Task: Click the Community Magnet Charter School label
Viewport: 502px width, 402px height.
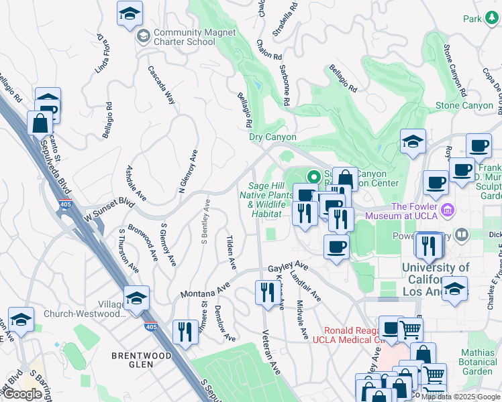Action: click(185, 37)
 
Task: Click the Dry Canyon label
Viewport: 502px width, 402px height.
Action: click(272, 137)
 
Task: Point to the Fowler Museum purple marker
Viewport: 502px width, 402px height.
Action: click(448, 211)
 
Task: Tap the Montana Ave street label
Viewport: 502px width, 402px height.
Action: click(205, 293)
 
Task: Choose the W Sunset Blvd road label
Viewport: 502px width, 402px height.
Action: click(109, 210)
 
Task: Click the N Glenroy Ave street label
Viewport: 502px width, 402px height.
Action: click(188, 172)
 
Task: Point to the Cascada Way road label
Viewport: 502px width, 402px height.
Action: click(162, 84)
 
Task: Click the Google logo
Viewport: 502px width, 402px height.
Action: click(22, 394)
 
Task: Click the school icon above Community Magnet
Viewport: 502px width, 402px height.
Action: click(130, 13)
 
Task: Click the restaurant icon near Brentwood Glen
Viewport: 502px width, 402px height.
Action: click(183, 332)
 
